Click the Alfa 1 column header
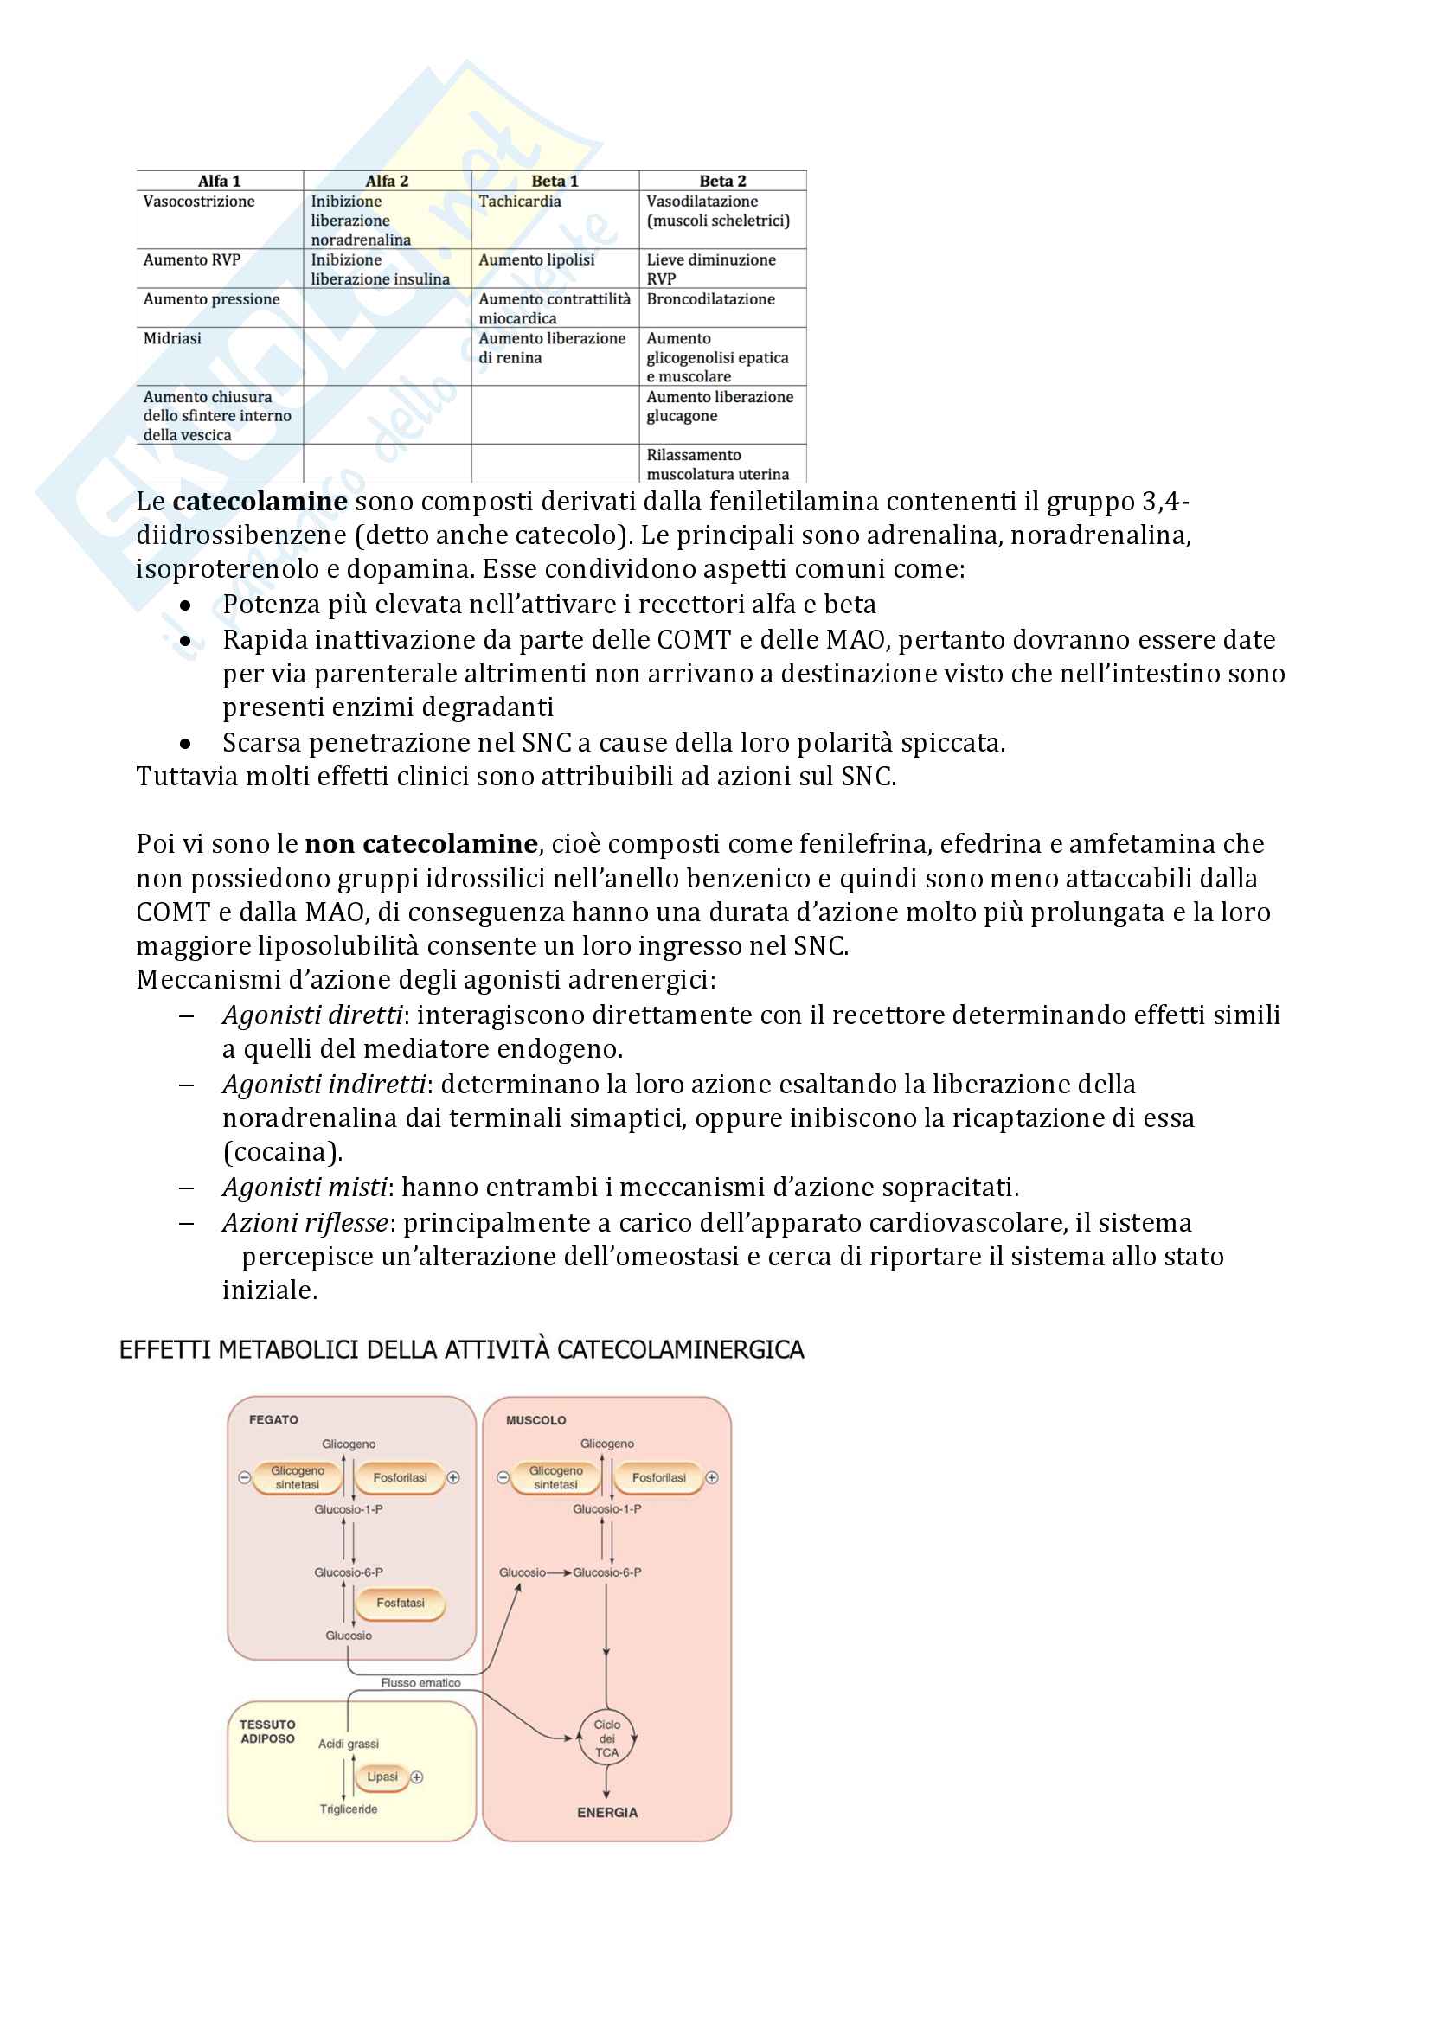coord(219,181)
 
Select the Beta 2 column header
coord(722,181)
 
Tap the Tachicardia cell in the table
coord(520,202)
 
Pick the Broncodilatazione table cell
coord(710,299)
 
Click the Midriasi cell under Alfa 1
coord(173,338)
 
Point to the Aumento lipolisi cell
coord(536,260)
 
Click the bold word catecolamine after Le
coord(260,502)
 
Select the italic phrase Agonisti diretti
coord(312,1015)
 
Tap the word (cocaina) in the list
coord(282,1151)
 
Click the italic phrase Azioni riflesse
coord(305,1222)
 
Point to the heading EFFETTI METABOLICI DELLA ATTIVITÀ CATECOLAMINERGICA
coord(462,1350)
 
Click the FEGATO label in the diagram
coord(273,1419)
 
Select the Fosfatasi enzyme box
coord(400,1603)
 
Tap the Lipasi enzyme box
coord(382,1777)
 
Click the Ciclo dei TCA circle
coord(606,1738)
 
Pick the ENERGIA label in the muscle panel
coord(607,1813)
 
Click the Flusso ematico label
coord(420,1683)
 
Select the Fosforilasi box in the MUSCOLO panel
coord(658,1477)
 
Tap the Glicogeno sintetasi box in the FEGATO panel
coord(297,1477)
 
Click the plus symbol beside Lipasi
coord(418,1777)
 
